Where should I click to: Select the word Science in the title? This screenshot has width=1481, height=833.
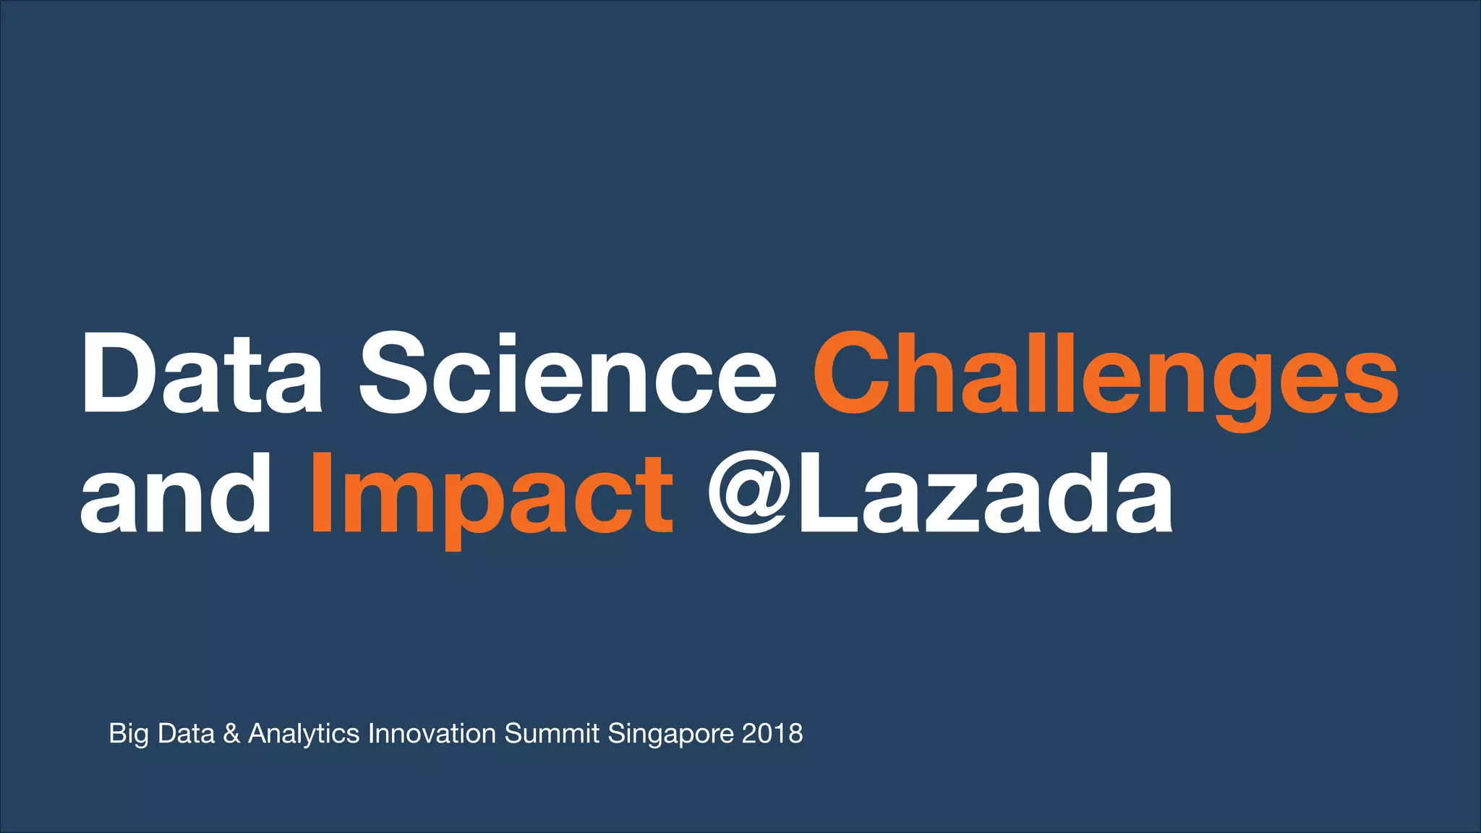(568, 374)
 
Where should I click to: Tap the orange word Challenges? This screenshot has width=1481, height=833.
(1106, 374)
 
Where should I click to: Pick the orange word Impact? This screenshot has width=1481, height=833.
(492, 494)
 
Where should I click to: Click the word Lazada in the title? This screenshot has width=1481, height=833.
(983, 494)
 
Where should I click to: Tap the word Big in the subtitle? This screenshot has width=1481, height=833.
(128, 734)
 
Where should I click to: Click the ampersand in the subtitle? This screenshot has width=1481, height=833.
(231, 734)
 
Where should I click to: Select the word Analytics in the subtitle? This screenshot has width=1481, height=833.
(304, 734)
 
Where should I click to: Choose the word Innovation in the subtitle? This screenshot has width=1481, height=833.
(432, 734)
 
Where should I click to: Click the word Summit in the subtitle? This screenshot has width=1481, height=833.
(552, 734)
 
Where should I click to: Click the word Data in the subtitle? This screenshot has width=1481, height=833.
(186, 734)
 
